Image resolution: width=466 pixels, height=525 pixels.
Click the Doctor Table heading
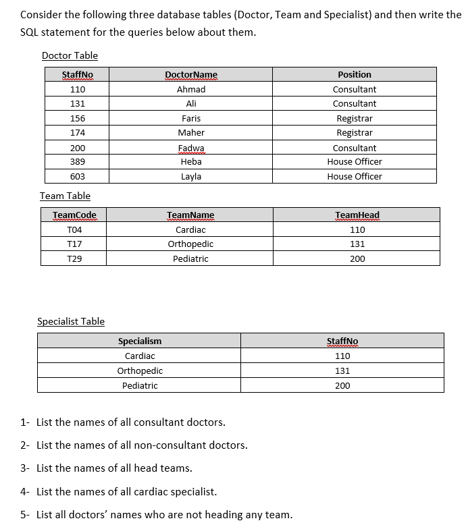70,55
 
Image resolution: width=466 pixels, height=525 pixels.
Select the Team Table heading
65,196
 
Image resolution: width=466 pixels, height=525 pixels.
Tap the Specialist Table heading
71,321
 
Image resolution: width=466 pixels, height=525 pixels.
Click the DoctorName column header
191,75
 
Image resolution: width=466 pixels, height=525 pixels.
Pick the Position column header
355,74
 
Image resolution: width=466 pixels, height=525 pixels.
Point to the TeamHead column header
357,215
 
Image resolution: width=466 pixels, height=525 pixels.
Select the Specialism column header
140,341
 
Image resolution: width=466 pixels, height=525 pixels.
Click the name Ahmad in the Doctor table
191,89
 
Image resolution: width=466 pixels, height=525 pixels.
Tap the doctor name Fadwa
191,148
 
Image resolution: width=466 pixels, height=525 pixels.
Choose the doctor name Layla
191,176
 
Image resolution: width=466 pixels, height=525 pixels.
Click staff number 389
78,162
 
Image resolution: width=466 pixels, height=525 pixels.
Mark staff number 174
78,133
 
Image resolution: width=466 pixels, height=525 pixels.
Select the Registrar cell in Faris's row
355,118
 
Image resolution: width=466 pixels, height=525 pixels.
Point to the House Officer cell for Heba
355,162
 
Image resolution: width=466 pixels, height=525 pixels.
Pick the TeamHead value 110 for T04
357,229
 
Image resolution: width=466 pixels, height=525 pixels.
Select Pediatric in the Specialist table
140,385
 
